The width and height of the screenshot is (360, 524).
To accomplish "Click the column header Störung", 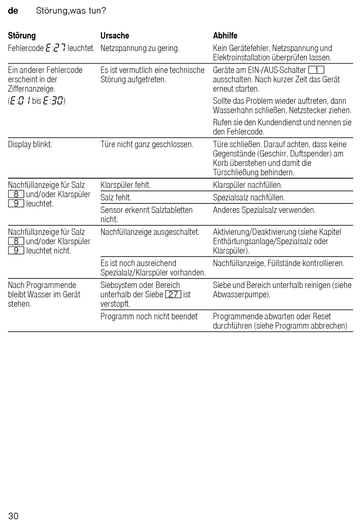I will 22,36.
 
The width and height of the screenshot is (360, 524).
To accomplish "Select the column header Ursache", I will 114,36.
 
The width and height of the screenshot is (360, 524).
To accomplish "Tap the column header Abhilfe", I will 225,36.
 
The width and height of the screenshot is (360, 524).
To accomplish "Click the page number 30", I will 13,516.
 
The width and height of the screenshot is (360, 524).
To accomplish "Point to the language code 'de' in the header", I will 13,11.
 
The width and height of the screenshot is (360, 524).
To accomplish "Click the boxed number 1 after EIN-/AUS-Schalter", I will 316,70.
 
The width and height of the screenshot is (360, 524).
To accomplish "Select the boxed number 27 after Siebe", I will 173,294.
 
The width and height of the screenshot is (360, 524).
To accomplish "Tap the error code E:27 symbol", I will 55,48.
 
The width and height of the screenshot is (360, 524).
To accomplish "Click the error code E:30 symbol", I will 53,101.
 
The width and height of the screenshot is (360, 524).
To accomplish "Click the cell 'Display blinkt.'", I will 30,144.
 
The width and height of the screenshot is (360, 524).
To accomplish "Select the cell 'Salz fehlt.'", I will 116,197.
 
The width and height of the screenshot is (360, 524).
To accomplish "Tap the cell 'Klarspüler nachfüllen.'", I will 247,185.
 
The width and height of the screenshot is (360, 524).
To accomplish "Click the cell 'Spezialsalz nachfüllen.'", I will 249,197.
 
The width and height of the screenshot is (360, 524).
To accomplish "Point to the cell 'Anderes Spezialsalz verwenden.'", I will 264,210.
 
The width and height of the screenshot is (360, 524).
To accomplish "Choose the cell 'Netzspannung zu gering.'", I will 140,48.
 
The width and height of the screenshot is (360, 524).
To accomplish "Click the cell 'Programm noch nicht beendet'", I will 149,316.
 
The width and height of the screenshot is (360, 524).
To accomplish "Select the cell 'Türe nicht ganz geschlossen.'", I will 147,144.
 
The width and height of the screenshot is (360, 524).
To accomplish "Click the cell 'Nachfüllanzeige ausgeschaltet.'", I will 150,232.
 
